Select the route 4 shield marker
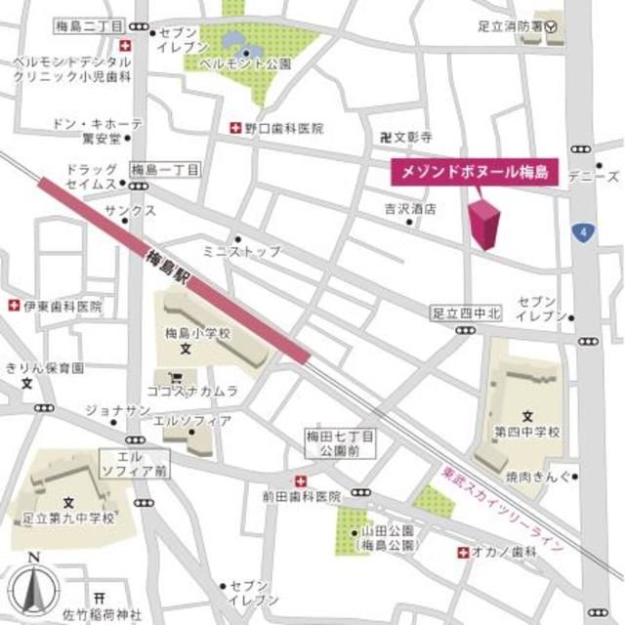(x=584, y=231)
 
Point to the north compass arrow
(x=34, y=587)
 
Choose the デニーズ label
(x=600, y=178)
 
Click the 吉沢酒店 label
(x=409, y=209)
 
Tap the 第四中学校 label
(x=526, y=432)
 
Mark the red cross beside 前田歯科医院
(x=300, y=479)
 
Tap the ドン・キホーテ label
(x=98, y=124)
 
